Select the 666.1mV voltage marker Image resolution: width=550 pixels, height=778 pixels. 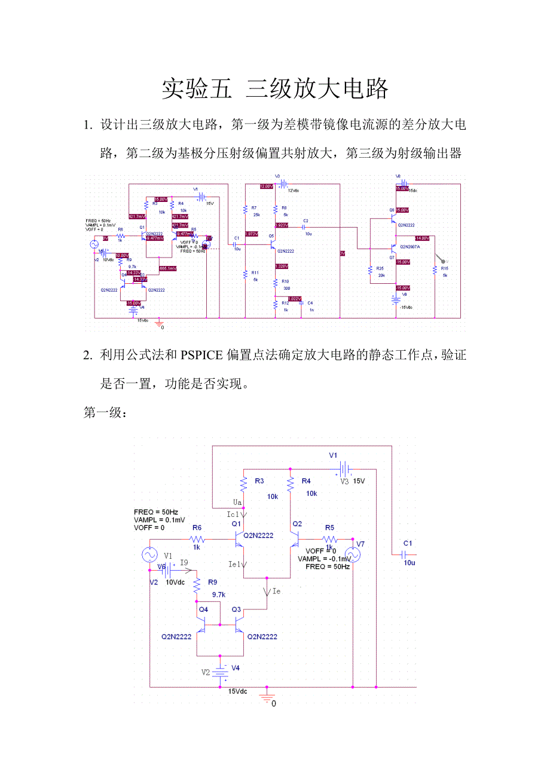tap(168, 268)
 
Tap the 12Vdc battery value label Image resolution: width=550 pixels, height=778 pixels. tap(294, 191)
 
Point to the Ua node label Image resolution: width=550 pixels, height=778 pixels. tap(237, 501)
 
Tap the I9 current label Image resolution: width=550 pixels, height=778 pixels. tap(184, 563)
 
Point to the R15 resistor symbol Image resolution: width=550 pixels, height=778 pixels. tap(435, 271)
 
